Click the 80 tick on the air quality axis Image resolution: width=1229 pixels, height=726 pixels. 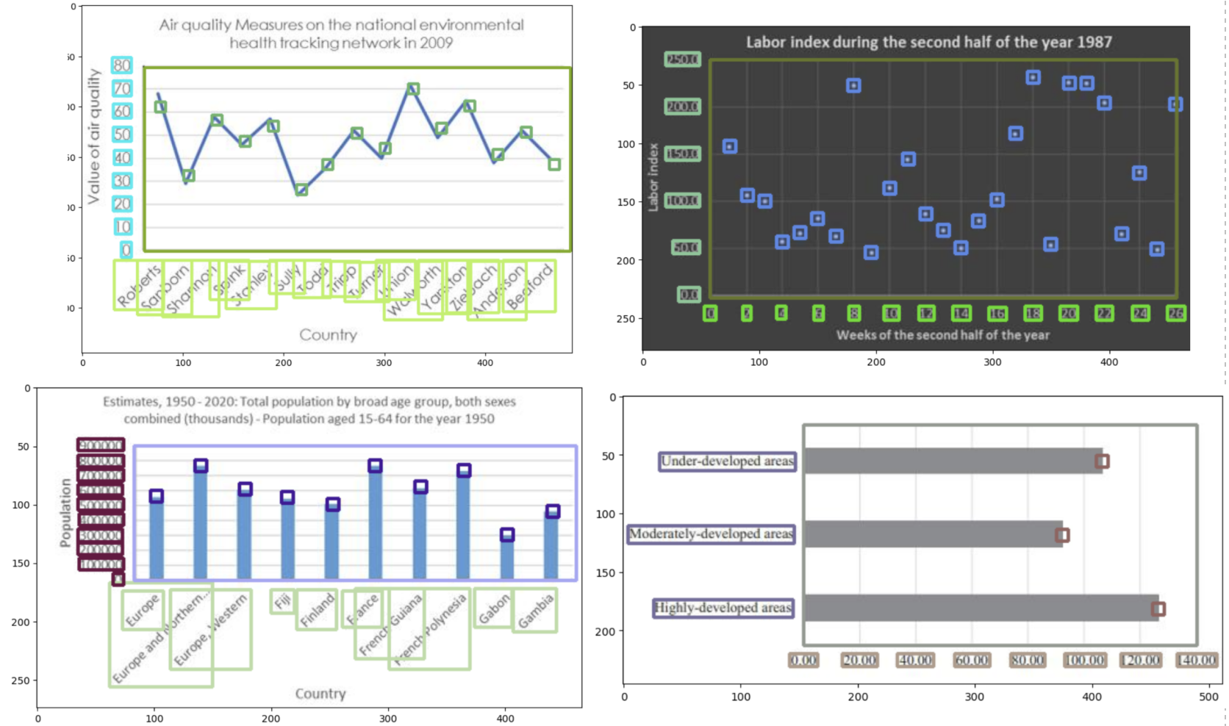[x=122, y=65]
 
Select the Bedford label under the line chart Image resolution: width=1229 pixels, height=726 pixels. [x=529, y=287]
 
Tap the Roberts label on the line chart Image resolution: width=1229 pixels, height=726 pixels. [x=139, y=285]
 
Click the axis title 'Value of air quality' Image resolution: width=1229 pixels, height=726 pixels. [x=93, y=136]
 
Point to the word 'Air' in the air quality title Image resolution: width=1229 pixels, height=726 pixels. [x=169, y=25]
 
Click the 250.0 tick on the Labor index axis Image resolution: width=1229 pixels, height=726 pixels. [x=682, y=60]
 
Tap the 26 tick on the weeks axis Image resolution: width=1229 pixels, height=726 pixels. [x=1176, y=314]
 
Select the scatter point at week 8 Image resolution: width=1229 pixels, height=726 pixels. [x=853, y=86]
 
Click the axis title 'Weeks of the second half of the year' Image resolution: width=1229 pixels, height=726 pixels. [x=943, y=335]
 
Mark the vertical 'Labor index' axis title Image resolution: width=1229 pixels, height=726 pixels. [x=653, y=177]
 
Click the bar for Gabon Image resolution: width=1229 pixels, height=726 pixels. [x=507, y=557]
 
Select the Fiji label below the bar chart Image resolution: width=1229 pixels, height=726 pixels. [x=283, y=601]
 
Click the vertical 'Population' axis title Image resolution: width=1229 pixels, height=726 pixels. [x=65, y=512]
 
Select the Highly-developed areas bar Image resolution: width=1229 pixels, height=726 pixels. [x=981, y=608]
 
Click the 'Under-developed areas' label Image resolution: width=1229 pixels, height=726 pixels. [x=727, y=461]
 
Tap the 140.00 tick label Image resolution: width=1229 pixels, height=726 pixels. [x=1197, y=660]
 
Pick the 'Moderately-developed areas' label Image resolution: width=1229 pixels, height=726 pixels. [x=711, y=534]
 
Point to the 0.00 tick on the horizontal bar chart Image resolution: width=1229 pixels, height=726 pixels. [x=803, y=660]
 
